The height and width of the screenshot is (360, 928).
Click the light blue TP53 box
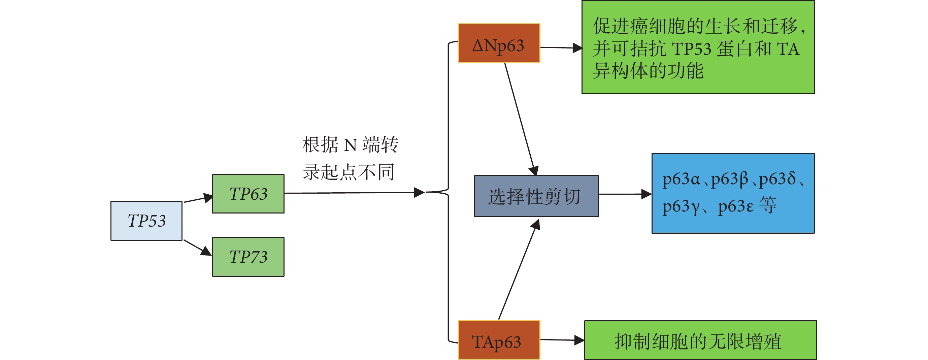[146, 221]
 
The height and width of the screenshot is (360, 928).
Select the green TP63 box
[248, 194]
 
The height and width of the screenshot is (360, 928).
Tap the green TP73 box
[248, 257]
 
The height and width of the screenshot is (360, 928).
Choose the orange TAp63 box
[499, 340]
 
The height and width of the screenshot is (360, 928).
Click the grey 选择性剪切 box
[536, 196]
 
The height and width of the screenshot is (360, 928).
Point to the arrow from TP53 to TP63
[198, 199]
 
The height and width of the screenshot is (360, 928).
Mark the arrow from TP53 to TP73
[197, 248]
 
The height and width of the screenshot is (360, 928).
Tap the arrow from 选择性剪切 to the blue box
[625, 194]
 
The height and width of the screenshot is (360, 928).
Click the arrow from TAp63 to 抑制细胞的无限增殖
[562, 340]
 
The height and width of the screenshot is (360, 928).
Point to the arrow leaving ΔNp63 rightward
[561, 47]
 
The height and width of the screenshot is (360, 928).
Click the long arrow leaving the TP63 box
[353, 193]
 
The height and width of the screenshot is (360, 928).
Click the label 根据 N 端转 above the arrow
[350, 145]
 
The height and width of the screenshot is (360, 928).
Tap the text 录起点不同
[349, 172]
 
